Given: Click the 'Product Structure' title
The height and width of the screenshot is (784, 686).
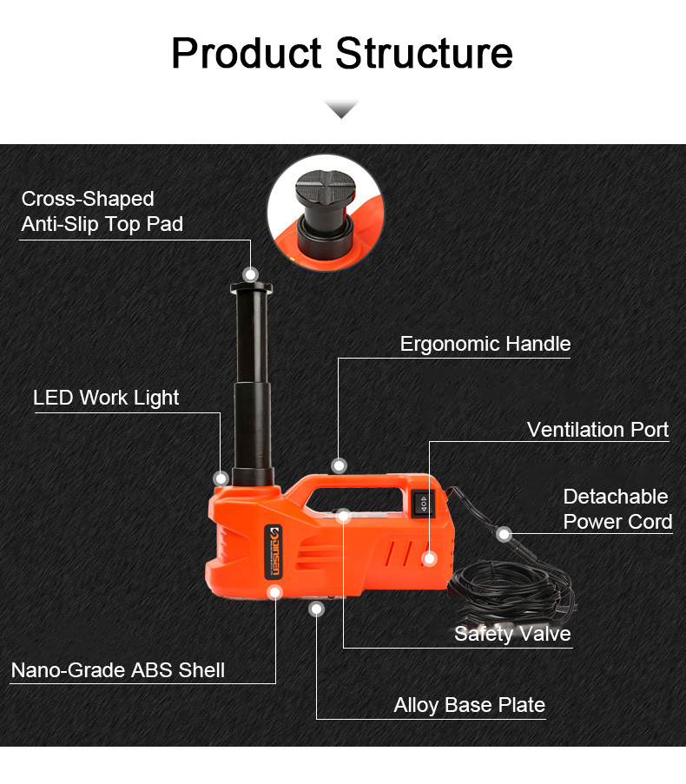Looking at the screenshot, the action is pos(342,53).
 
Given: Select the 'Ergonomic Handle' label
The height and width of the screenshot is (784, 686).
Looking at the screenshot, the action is pos(485,344).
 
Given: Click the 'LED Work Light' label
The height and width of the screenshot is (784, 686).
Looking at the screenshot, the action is pos(105,398).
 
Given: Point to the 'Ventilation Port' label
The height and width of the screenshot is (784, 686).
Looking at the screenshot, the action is pos(597,430).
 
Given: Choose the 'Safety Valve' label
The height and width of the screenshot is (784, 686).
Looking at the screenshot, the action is pos(512,634).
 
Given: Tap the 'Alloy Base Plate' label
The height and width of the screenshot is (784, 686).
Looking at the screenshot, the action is pos(469,705).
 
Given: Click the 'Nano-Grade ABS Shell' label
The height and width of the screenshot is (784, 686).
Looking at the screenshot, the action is pos(118,670).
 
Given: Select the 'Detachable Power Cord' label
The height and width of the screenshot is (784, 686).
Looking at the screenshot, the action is pos(617,509).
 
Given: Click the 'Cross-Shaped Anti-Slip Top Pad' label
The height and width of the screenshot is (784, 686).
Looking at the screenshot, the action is pos(102,212).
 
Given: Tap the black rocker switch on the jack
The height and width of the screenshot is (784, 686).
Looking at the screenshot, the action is pos(423,504).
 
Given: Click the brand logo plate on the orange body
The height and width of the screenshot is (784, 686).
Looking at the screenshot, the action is pos(274,551).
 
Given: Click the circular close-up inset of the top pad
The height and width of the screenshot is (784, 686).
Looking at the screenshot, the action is pos(326,213).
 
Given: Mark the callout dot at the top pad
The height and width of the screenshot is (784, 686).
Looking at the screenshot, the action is pos(250,274).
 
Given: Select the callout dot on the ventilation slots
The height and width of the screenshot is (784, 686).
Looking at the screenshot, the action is pos(429,558).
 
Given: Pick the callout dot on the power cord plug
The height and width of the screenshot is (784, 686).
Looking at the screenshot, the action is pos(504,535).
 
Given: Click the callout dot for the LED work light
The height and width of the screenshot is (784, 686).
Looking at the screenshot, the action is pos(221,478).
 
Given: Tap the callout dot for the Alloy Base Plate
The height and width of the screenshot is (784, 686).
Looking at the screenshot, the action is pos(316,609).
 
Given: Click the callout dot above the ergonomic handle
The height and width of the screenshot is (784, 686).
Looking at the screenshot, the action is pos(339,466).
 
